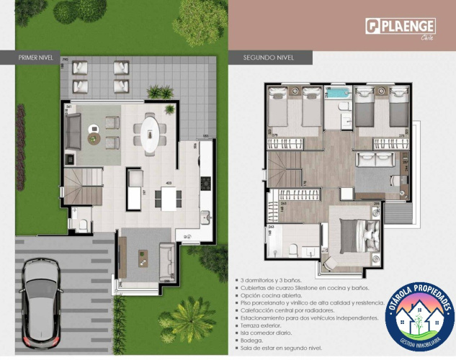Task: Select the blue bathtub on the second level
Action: (x=337, y=94)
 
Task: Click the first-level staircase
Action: (x=83, y=185)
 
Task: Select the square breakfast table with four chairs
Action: (x=169, y=198)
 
